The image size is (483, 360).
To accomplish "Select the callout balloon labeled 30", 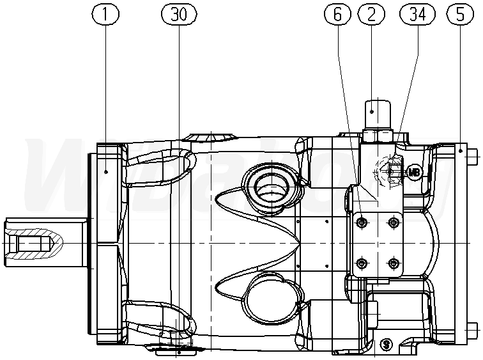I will point(179,13).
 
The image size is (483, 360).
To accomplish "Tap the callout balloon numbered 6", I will point(338,13).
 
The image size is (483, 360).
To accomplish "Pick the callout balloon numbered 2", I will point(372,13).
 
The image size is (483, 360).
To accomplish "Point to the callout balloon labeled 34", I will point(416,13).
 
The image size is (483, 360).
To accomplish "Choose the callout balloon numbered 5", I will point(459,13).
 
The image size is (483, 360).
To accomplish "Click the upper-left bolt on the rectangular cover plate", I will point(362,222).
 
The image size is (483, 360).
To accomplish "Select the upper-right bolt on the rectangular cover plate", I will point(393,222).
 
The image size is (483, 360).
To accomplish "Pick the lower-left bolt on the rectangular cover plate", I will point(362,263).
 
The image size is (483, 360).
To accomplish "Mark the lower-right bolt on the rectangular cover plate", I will point(393,263).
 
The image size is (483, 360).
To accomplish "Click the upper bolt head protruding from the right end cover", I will point(473,153).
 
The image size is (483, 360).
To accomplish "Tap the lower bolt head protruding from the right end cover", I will point(473,331).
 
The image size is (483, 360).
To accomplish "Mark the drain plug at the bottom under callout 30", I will point(179,348).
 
